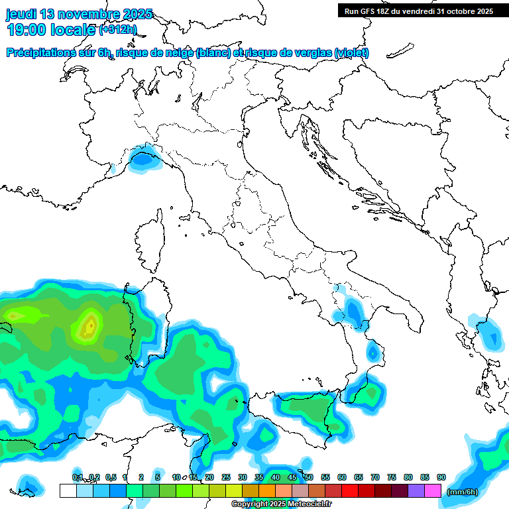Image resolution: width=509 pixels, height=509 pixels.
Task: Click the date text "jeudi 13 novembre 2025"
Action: click(x=80, y=14)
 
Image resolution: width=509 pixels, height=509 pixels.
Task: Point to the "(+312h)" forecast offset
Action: click(x=118, y=29)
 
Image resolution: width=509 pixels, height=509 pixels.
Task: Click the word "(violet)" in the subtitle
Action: click(x=351, y=53)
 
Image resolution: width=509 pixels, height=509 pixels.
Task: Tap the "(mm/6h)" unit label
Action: click(x=463, y=492)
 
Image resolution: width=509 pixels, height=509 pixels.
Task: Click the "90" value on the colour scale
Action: click(x=441, y=477)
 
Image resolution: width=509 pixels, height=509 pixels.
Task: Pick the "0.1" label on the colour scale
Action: click(x=77, y=477)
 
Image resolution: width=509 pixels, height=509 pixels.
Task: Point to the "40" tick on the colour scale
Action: click(x=276, y=477)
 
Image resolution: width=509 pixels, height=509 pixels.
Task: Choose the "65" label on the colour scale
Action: click(x=359, y=477)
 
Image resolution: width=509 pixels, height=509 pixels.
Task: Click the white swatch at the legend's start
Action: click(x=68, y=490)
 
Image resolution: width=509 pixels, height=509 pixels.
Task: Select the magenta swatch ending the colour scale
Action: click(x=433, y=490)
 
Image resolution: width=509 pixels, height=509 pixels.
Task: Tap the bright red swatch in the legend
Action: click(x=350, y=490)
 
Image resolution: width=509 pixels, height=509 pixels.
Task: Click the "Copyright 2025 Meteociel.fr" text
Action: click(x=272, y=504)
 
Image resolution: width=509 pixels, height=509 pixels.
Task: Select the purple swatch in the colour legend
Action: click(x=416, y=490)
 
